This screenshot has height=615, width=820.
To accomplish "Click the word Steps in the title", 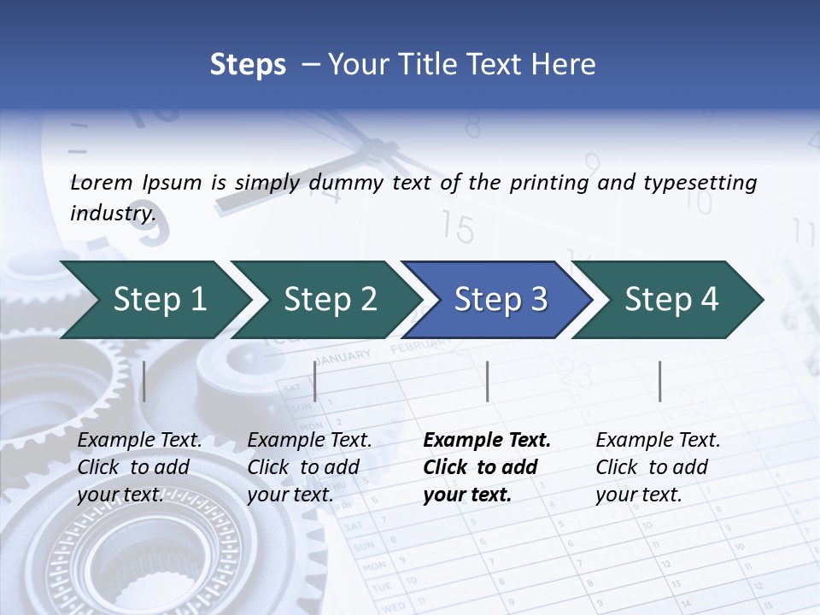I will pyautogui.click(x=248, y=65).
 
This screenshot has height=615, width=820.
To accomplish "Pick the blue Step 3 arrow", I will pyautogui.click(x=501, y=300).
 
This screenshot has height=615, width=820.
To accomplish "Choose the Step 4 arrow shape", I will pyautogui.click(x=671, y=300).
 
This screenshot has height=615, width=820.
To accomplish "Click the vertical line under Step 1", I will pyautogui.click(x=143, y=381).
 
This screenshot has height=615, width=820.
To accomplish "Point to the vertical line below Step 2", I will pyautogui.click(x=315, y=381).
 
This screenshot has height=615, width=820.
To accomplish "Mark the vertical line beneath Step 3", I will pyautogui.click(x=487, y=381).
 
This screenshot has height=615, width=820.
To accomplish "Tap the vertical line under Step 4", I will pyautogui.click(x=659, y=381).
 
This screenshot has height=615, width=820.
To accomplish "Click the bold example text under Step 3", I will pyautogui.click(x=487, y=467).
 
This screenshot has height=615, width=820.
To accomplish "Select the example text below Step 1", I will pyautogui.click(x=140, y=467).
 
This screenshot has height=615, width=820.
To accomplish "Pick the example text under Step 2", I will pyautogui.click(x=309, y=467).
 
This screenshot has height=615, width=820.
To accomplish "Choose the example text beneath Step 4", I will pyautogui.click(x=658, y=467).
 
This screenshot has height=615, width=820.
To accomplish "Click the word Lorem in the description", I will pyautogui.click(x=102, y=182).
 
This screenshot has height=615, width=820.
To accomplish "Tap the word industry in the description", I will pyautogui.click(x=113, y=213).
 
